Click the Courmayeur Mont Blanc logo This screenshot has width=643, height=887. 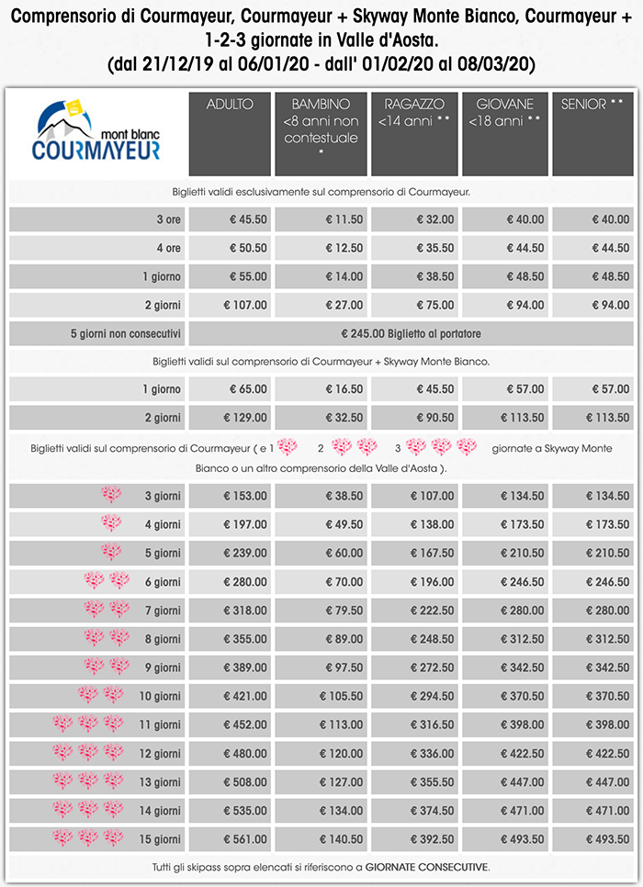[x=96, y=132]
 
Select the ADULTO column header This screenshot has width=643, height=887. [x=230, y=105]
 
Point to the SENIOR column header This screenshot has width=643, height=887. [x=595, y=105]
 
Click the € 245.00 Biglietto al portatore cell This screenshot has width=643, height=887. [x=411, y=333]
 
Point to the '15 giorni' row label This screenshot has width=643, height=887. [x=160, y=839]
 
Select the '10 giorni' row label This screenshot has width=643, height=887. [x=160, y=697]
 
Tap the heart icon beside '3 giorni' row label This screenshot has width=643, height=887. [x=111, y=496]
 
